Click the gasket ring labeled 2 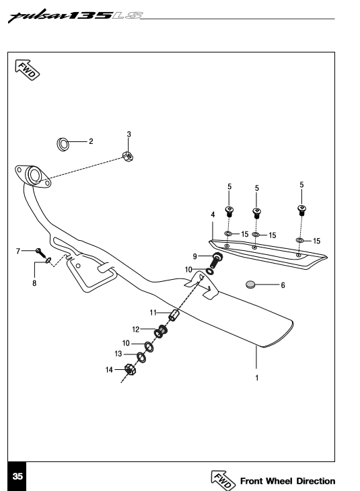tap(63, 145)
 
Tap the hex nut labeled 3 tap(128, 156)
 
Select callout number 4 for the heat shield tap(213, 215)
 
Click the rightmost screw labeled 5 tap(301, 210)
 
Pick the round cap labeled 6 tap(250, 285)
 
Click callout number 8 tap(34, 283)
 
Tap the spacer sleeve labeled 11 tap(173, 315)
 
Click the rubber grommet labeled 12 tap(161, 332)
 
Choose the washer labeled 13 tap(141, 357)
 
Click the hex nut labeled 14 tap(130, 369)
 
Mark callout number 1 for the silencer tap(256, 378)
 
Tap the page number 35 tap(17, 476)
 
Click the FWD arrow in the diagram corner tap(28, 69)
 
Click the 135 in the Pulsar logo tap(90, 15)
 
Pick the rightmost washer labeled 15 tap(299, 240)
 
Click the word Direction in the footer tap(316, 481)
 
